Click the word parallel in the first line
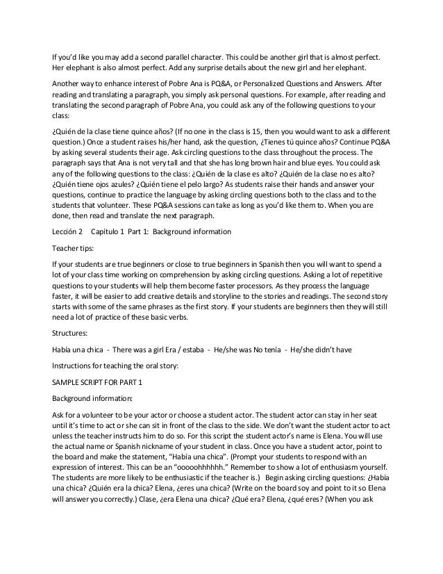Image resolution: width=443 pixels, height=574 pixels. [x=181, y=54]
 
